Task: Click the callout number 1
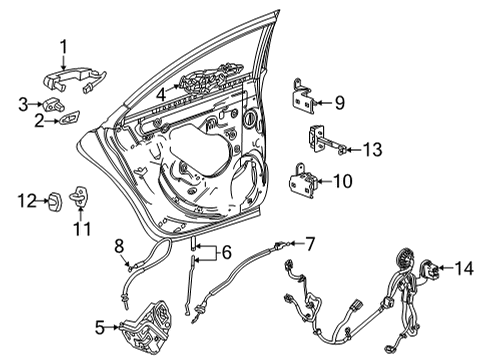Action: tap(63, 45)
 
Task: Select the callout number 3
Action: tap(22, 103)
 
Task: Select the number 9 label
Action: tap(339, 101)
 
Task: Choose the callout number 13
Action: tap(372, 150)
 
